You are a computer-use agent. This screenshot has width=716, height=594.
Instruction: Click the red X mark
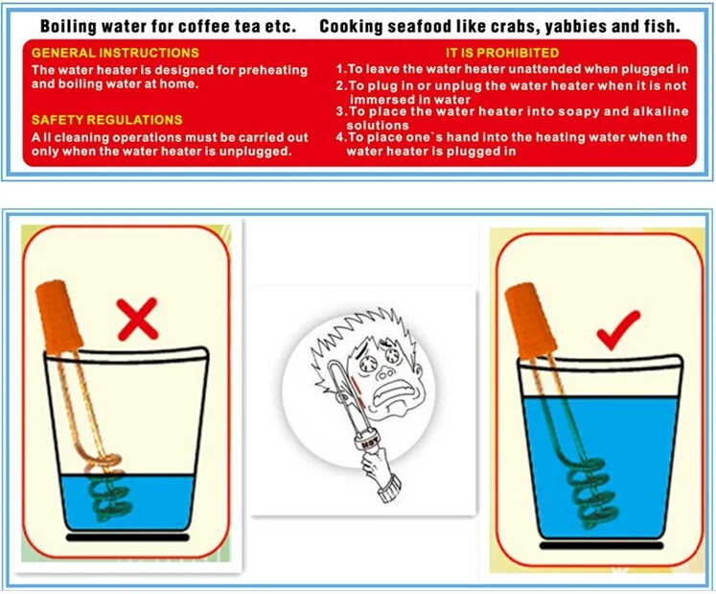pyautogui.click(x=137, y=320)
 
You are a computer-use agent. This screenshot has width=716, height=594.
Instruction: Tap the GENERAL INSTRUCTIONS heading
pyautogui.click(x=115, y=53)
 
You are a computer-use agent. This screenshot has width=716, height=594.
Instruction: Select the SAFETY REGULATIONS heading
pyautogui.click(x=106, y=120)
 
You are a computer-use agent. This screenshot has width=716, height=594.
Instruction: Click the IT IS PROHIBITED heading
pyautogui.click(x=502, y=53)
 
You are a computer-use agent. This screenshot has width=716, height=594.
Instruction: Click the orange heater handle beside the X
pyautogui.click(x=59, y=317)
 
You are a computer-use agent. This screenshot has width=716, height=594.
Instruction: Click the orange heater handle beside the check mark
pyautogui.click(x=530, y=321)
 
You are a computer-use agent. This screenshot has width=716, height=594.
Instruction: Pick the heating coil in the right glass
pyautogui.click(x=588, y=498)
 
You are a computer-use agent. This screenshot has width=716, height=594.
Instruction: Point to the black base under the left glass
pyautogui.click(x=127, y=536)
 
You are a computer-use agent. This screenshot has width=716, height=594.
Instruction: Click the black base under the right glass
pyautogui.click(x=601, y=545)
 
